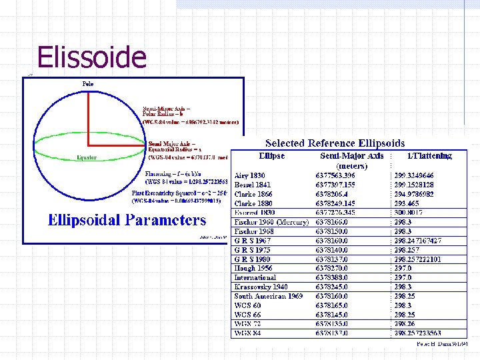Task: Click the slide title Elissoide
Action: tap(91, 57)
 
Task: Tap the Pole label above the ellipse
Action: tap(87, 84)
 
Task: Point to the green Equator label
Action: tap(86, 158)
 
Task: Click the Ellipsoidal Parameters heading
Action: tap(127, 221)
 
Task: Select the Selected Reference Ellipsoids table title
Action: tap(335, 143)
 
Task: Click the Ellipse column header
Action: tap(271, 156)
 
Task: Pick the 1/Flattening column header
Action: tap(429, 156)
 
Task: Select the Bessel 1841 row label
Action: tap(253, 185)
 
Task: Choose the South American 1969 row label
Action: tap(269, 296)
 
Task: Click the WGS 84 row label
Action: tap(248, 333)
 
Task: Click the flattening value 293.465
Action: tap(407, 203)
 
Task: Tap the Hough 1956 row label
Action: tap(254, 268)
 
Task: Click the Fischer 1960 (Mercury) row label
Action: tap(271, 222)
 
